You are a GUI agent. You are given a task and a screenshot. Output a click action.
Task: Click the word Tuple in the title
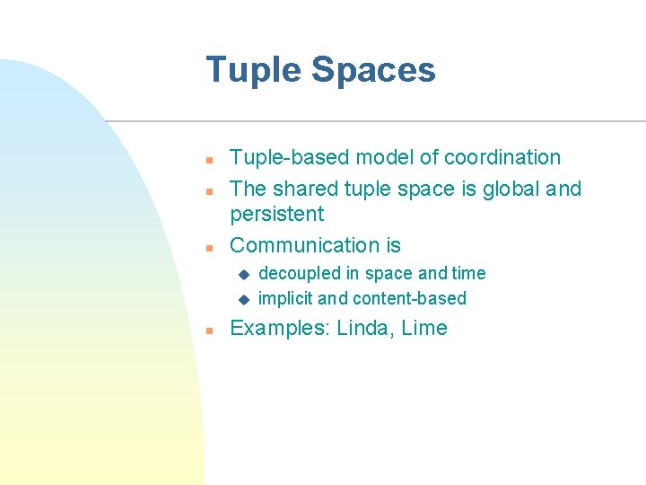(247, 71)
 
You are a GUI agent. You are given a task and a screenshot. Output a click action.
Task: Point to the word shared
(304, 189)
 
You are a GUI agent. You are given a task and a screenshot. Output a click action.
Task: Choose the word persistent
(276, 214)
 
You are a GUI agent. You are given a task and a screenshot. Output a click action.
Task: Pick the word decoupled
(300, 273)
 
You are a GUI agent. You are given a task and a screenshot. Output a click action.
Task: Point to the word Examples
(280, 328)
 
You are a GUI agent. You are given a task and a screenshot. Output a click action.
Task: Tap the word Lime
(424, 328)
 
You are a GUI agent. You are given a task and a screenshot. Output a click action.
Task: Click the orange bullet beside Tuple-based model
(208, 160)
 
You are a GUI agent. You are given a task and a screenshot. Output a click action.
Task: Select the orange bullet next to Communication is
(208, 247)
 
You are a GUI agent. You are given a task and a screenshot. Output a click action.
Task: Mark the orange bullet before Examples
(208, 331)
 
